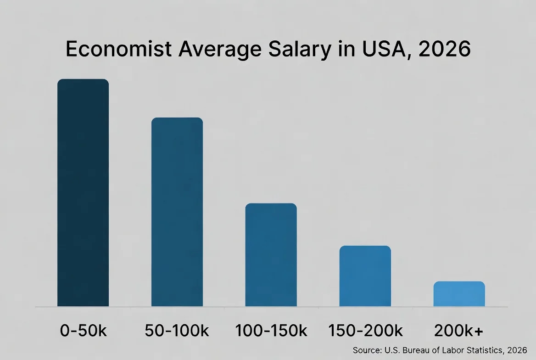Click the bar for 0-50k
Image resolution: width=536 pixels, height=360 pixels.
pyautogui.click(x=83, y=193)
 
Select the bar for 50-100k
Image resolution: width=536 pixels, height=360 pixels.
pyautogui.click(x=177, y=212)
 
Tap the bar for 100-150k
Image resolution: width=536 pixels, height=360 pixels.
pyautogui.click(x=271, y=255)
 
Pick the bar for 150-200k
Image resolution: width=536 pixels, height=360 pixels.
pyautogui.click(x=365, y=276)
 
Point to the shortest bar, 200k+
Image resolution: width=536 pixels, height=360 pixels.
pyautogui.click(x=459, y=294)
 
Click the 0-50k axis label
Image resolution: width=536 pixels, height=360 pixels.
pyautogui.click(x=83, y=331)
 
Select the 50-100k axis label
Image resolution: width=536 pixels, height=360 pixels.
pyautogui.click(x=177, y=331)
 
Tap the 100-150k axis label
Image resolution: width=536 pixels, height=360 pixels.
pyautogui.click(x=271, y=331)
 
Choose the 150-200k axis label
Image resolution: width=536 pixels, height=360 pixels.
pyautogui.click(x=365, y=331)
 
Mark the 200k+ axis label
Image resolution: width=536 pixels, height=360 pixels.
pyautogui.click(x=459, y=331)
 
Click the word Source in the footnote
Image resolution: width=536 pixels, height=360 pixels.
pyautogui.click(x=366, y=350)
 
